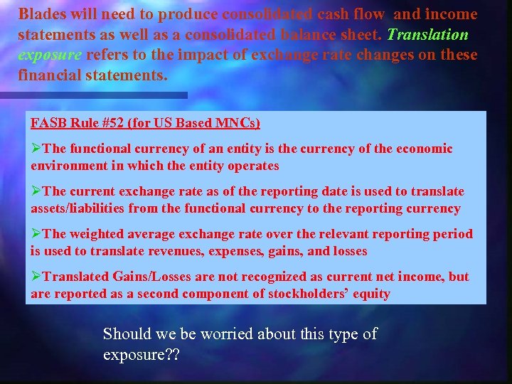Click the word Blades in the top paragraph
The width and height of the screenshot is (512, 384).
coord(41,14)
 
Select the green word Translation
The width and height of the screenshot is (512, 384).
coord(428,34)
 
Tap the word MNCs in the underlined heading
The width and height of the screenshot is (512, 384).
coord(238,123)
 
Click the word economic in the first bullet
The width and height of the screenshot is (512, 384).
coord(424,149)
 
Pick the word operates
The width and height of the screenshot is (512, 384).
coord(251,166)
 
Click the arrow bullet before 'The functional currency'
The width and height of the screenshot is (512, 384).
coord(36,149)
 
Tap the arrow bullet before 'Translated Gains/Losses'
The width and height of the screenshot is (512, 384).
coord(36,277)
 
